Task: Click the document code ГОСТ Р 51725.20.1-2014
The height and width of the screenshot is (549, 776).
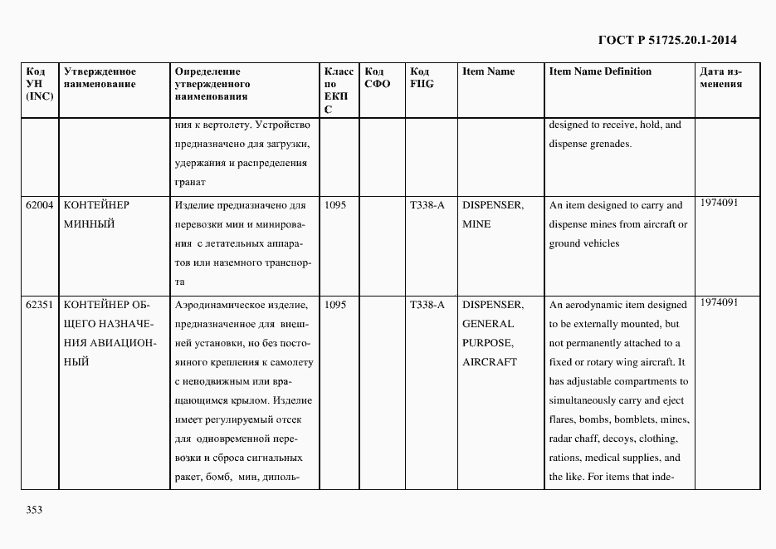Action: [666, 39]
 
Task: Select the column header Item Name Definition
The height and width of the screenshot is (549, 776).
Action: [600, 71]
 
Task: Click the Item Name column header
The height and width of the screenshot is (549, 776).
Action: [488, 71]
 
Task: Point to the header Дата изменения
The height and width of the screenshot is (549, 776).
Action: [721, 77]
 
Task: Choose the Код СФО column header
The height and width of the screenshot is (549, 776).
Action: [377, 77]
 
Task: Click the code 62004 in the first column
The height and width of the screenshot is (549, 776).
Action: [39, 205]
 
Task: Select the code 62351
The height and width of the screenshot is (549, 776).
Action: [39, 305]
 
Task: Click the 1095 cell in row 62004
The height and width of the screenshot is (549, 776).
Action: [335, 205]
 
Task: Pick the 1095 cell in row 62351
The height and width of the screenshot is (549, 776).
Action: [335, 305]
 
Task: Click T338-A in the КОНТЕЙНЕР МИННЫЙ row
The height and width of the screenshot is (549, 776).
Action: [427, 205]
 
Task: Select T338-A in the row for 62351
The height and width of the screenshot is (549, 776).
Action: [427, 305]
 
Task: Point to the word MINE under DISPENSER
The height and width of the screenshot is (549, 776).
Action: [476, 224]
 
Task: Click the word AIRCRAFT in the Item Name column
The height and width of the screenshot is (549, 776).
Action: [489, 362]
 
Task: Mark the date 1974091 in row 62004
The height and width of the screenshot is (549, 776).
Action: [719, 203]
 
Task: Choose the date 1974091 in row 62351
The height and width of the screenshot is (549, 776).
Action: [719, 302]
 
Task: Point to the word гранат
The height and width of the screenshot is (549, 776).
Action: [190, 182]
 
